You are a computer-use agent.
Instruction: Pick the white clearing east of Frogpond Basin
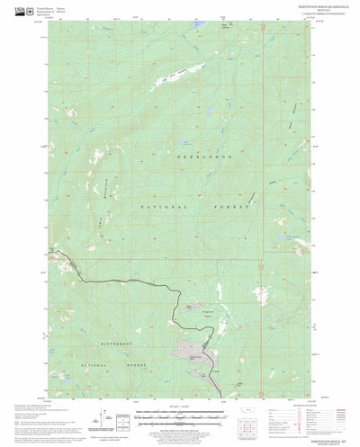coord(263,294)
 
